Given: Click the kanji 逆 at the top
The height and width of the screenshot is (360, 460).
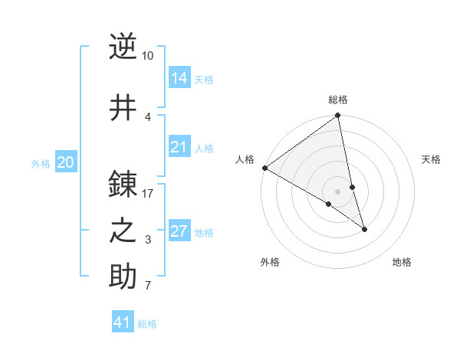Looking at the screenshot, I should tap(123, 47).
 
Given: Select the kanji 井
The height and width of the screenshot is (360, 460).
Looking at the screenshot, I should tap(123, 106).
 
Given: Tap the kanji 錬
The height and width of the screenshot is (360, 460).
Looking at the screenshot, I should tap(123, 185).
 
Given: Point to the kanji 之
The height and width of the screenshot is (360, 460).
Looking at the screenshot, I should tap(123, 231).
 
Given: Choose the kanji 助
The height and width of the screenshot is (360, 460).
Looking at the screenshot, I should tap(123, 277).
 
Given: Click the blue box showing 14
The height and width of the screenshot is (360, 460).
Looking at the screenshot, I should tap(179, 78).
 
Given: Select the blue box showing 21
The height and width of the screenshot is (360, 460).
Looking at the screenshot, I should tap(179, 147).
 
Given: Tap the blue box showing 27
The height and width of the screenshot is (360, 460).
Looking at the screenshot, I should tap(179, 231).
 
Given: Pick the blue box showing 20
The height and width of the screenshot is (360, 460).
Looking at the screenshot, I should tap(66, 162).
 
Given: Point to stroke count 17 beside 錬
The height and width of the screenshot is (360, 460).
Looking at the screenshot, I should tap(148, 193).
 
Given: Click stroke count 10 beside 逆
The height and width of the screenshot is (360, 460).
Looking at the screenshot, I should tap(148, 56).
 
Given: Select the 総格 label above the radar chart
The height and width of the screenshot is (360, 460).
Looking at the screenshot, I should tap(338, 100).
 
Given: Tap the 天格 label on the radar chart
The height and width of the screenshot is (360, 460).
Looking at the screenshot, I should tap(432, 159).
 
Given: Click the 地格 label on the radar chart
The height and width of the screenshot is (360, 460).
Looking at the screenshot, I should tap(402, 263).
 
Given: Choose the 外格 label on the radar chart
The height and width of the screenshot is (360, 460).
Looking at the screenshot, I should tap(270, 263).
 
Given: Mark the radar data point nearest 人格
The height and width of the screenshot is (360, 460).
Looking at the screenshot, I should tap(264, 168).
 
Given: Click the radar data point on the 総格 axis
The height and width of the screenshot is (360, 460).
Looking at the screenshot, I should tap(338, 116).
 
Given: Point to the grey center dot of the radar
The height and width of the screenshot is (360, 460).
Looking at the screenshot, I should tap(338, 191).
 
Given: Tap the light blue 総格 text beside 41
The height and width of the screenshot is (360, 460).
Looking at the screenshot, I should tap(147, 324).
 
